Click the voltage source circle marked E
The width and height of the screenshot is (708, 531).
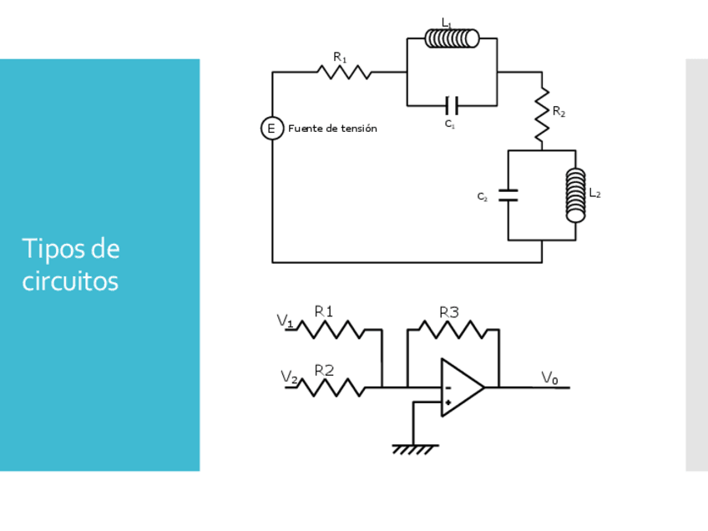point(271,129)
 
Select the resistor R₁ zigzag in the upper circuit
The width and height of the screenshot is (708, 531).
point(344,73)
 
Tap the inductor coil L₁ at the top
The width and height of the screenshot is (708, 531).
point(452,38)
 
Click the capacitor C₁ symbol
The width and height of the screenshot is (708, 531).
point(452,105)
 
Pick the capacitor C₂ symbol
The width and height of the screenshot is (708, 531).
point(508,195)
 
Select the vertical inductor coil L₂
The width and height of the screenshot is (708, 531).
point(575,195)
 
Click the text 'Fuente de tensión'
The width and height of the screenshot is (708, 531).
point(332,129)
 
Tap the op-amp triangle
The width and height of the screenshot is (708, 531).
point(461,387)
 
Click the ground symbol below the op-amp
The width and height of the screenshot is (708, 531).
point(414,449)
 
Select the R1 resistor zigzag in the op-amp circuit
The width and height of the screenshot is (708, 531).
point(331,330)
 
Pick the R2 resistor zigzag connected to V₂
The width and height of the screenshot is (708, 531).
point(331,387)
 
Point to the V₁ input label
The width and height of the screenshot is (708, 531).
point(285,320)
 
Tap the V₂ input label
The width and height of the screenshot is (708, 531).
point(289,377)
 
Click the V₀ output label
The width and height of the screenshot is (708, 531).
point(549,377)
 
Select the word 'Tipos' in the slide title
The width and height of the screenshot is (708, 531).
point(53,249)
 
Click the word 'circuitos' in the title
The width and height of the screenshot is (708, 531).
point(70,281)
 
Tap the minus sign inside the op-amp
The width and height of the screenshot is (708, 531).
point(448,387)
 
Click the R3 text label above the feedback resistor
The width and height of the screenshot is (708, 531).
point(449,312)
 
